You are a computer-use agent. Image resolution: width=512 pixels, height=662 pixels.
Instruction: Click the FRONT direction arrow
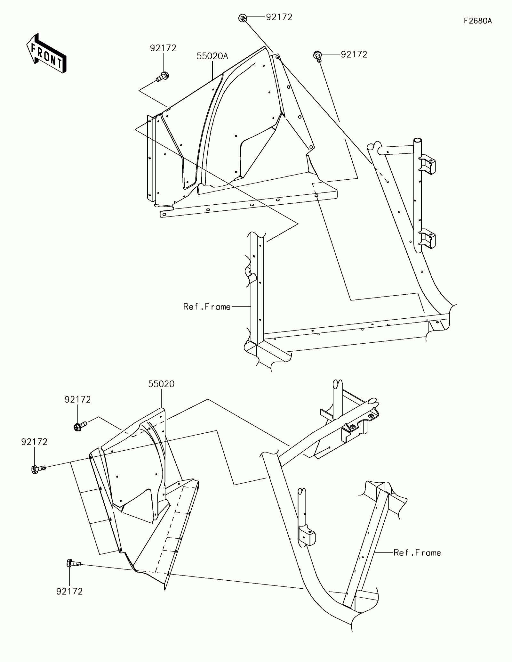point(46,53)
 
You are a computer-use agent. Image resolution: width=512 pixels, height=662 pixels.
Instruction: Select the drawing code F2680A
point(478,21)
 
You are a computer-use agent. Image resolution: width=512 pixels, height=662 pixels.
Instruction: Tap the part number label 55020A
point(212,56)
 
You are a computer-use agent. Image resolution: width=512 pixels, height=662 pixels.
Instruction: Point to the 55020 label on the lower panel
point(161,384)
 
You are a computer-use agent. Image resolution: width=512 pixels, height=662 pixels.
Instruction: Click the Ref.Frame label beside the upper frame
point(207,307)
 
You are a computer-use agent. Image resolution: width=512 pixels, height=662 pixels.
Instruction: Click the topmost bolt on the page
point(243,18)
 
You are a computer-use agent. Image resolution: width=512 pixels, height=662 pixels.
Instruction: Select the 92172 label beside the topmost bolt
point(279,17)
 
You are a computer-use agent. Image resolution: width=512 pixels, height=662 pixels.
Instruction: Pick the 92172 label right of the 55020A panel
point(354,54)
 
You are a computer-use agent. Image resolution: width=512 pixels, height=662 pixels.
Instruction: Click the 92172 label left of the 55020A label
point(163,48)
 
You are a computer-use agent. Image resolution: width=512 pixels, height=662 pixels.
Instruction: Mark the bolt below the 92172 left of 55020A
point(163,77)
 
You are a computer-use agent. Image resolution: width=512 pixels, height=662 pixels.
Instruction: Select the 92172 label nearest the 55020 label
point(77,399)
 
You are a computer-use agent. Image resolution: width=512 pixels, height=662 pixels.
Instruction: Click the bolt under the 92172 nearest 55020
point(80,426)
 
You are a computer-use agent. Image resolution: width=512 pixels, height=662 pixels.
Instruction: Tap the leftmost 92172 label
point(34,442)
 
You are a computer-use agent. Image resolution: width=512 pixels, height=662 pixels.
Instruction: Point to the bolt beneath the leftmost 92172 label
point(38,469)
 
